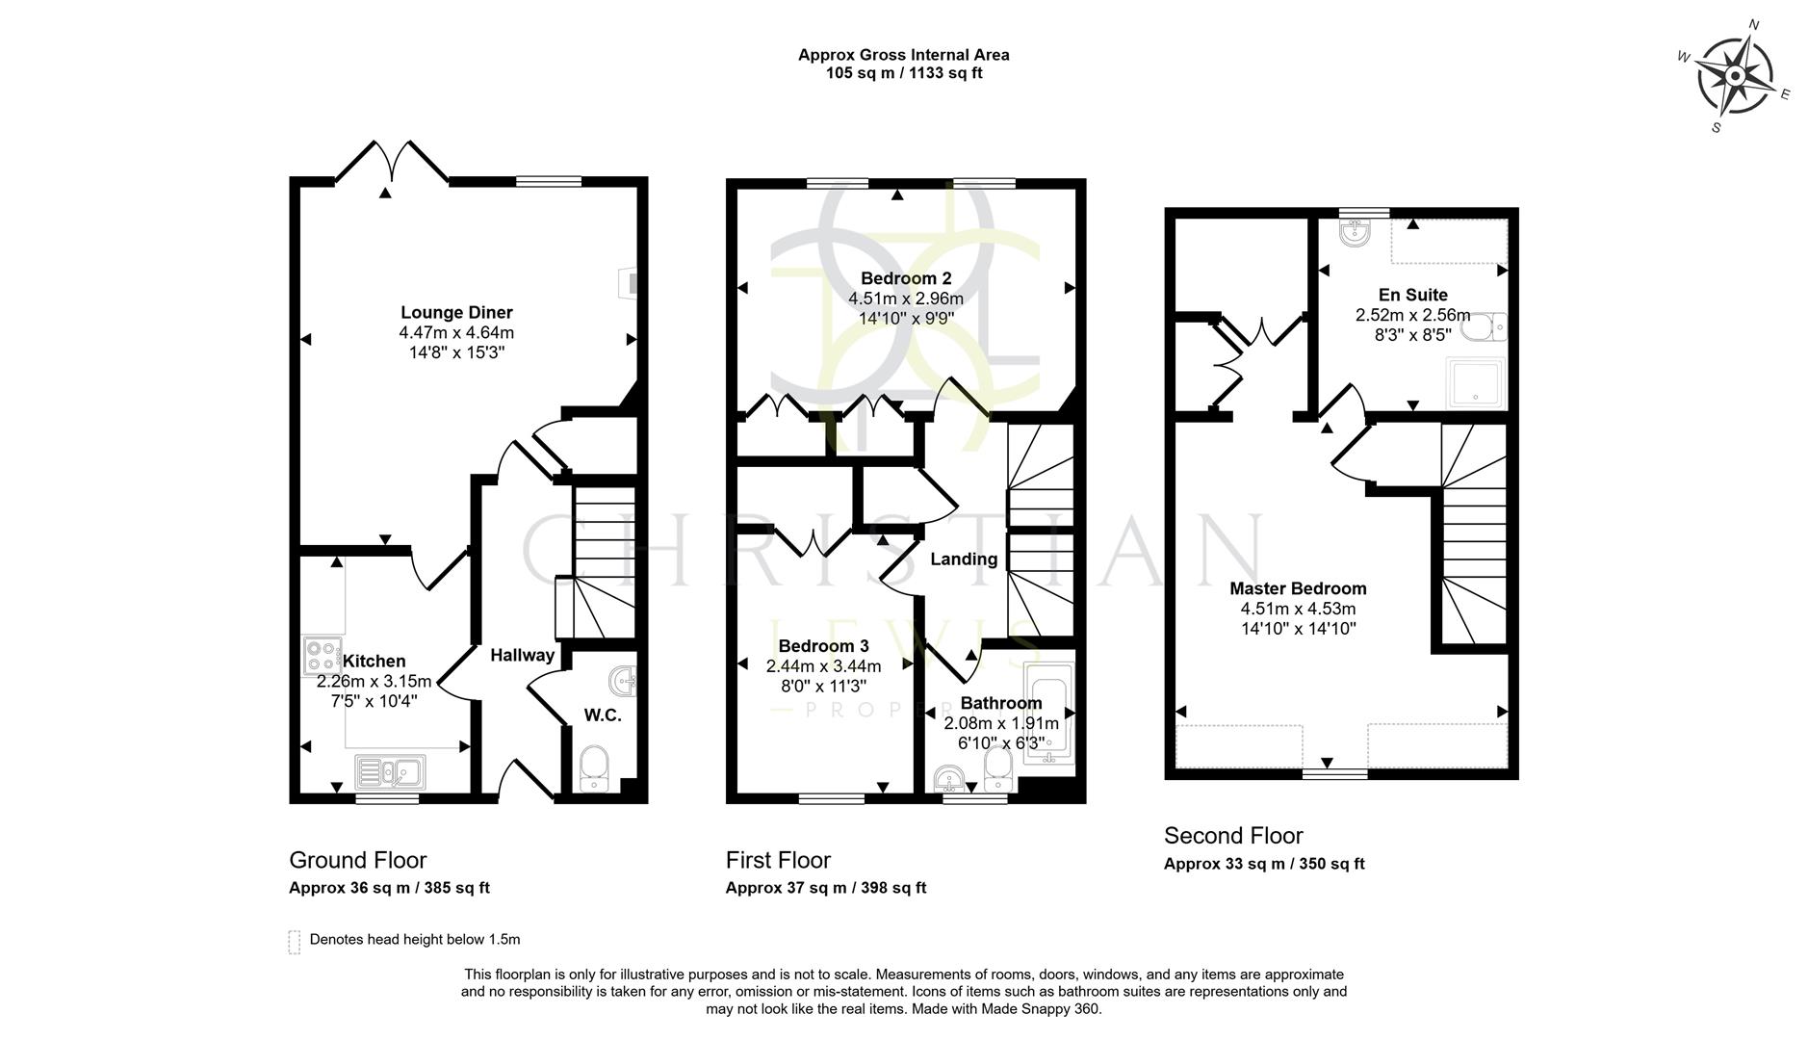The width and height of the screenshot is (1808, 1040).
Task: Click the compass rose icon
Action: [x=1734, y=76]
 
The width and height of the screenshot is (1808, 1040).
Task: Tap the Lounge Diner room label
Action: [x=456, y=313]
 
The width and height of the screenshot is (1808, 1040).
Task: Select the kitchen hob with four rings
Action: [x=321, y=656]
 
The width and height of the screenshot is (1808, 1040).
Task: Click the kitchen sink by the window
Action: [x=390, y=771]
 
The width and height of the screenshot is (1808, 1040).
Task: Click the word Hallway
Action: [x=522, y=656]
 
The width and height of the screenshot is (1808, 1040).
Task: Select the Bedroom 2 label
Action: [x=905, y=279]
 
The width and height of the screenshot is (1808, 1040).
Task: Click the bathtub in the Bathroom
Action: [x=1049, y=713]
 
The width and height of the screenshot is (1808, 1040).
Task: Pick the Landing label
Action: [x=964, y=559]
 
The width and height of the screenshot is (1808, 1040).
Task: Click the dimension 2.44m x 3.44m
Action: [x=823, y=666]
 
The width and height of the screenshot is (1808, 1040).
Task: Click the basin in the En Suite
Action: [x=1355, y=231]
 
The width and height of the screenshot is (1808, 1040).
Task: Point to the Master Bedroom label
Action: [x=1298, y=589]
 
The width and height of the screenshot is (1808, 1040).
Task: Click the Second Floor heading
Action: [x=1233, y=836]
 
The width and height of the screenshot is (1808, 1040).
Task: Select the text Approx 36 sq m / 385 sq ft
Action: [x=389, y=888]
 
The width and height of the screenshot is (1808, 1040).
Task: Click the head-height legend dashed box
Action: [x=295, y=942]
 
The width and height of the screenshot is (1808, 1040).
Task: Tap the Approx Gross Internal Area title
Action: [x=903, y=55]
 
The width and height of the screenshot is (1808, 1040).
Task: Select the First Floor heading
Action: [x=778, y=860]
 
